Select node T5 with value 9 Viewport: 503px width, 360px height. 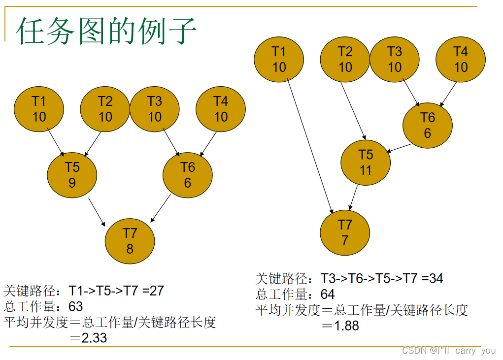point(72,175)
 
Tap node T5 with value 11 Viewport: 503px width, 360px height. point(366,163)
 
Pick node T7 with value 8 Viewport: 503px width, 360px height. point(130,241)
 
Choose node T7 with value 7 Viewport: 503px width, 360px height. point(345,232)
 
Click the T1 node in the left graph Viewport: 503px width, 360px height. point(39,109)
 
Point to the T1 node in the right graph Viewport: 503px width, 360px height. point(279,59)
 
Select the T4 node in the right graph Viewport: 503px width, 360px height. point(461,59)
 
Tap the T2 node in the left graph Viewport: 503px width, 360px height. point(105,109)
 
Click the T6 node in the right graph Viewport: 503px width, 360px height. point(427,125)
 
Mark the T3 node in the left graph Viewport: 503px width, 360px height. point(155,109)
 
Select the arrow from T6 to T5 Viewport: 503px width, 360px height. point(400,147)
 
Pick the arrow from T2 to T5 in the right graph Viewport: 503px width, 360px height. point(353,110)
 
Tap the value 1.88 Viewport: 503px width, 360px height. point(347,326)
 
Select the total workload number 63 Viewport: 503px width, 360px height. point(75,307)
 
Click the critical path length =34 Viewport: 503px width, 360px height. point(432,279)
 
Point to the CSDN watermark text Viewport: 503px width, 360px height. point(448,351)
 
